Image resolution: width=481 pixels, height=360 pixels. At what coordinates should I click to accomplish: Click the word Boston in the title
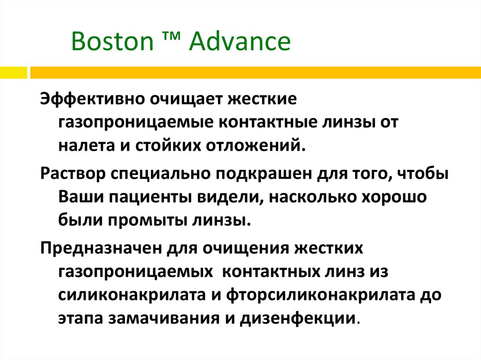click(x=112, y=41)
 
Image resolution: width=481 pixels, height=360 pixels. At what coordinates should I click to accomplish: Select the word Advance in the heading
click(x=240, y=41)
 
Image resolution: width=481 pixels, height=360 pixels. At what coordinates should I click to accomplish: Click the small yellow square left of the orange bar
click(x=13, y=73)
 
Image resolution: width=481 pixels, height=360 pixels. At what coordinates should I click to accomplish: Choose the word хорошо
click(x=394, y=197)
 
